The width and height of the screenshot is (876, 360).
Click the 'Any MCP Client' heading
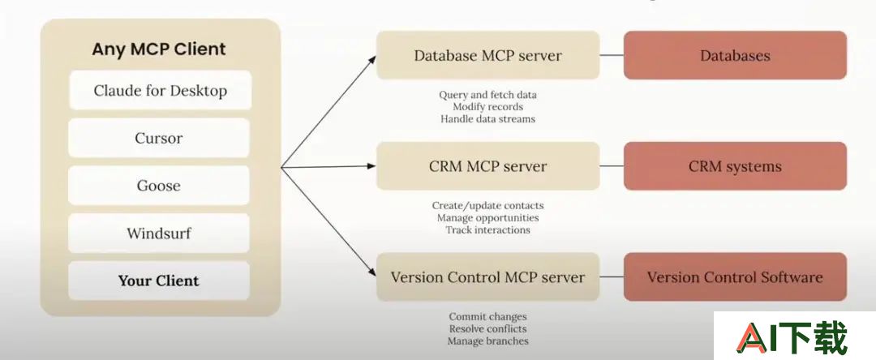coord(159,49)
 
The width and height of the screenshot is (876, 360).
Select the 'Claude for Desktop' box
coord(161,90)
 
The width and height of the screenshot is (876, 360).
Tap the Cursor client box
coord(159,138)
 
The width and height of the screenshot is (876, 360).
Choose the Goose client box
coord(159,186)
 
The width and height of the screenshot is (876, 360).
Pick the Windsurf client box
coord(159,233)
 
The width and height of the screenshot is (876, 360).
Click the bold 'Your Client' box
coord(159,281)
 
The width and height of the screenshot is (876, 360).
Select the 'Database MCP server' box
coord(487,55)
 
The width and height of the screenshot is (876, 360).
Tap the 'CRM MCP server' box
coord(487,165)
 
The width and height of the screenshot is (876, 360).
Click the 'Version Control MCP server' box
coord(487,276)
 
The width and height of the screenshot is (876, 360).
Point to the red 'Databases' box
coord(735,55)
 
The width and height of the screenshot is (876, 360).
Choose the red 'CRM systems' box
coord(735,165)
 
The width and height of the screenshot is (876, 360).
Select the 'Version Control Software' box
coord(735,276)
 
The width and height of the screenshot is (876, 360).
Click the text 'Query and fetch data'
coord(487,95)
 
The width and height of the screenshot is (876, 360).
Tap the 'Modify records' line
coord(487,106)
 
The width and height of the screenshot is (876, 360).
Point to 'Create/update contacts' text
coord(487,205)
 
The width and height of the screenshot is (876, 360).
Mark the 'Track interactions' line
coord(487,229)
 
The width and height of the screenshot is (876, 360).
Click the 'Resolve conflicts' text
coord(487,328)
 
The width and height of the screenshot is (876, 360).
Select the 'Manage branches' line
coord(487,341)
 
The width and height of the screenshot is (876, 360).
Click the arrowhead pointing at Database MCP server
coord(372,59)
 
